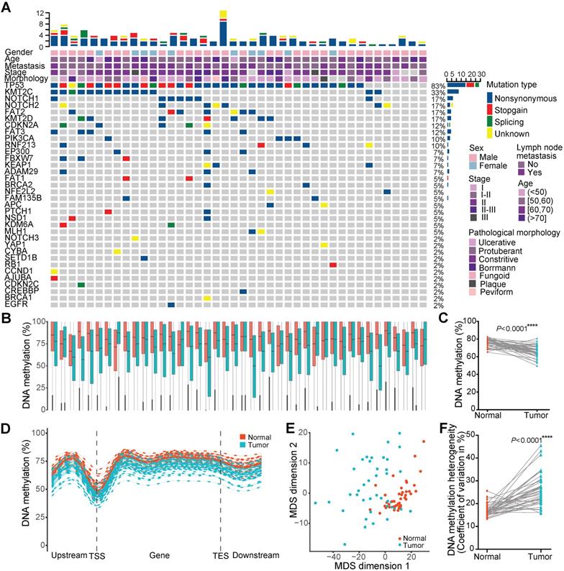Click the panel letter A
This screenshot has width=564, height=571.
click(x=7, y=6)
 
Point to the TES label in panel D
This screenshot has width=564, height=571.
click(x=219, y=556)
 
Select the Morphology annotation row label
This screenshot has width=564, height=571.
click(x=25, y=78)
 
